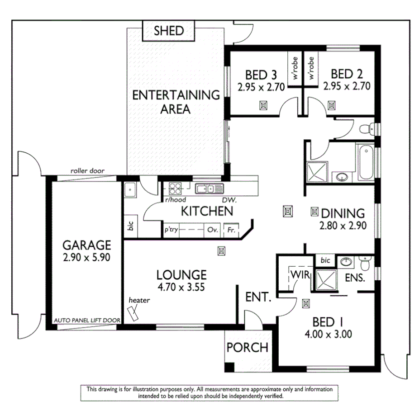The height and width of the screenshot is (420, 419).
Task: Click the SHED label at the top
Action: coord(168,31)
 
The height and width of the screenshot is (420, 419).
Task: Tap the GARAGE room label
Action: coord(86,245)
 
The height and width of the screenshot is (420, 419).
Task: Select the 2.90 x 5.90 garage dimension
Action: coord(86,258)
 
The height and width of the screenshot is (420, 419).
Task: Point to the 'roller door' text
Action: coord(87,171)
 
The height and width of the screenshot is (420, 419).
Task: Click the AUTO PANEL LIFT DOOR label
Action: coord(87,320)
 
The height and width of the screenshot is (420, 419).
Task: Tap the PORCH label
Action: coord(247,348)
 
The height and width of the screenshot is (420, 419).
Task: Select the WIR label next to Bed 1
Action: coord(299,274)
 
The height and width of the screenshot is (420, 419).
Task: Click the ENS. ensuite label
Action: coord(355,278)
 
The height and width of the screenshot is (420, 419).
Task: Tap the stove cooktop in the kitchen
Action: coord(175,188)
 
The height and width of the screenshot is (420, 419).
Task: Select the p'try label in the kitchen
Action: coord(171,230)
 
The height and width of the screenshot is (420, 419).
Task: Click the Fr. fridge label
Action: coord(231,230)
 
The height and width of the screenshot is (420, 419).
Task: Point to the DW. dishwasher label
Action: coord(229,199)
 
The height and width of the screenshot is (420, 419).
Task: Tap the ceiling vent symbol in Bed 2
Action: coord(332,105)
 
